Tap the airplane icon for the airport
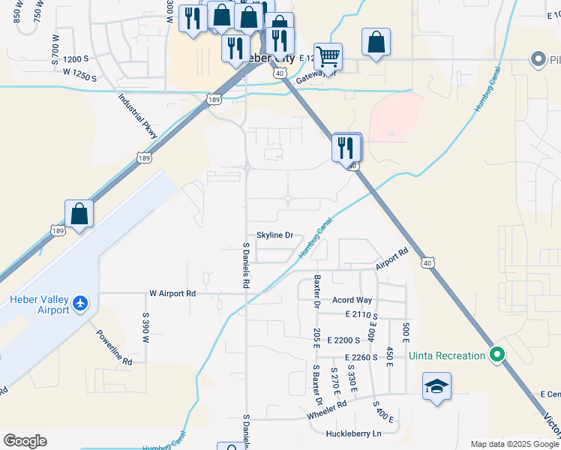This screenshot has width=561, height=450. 81,304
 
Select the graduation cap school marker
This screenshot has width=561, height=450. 436,386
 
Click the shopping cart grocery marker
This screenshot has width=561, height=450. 328,56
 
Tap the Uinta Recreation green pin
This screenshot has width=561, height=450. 495,355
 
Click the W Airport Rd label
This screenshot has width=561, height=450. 172,294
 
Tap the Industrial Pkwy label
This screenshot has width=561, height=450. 138,117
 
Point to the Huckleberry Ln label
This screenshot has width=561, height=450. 354,434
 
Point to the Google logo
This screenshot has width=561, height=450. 24,441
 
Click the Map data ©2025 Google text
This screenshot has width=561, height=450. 514,444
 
